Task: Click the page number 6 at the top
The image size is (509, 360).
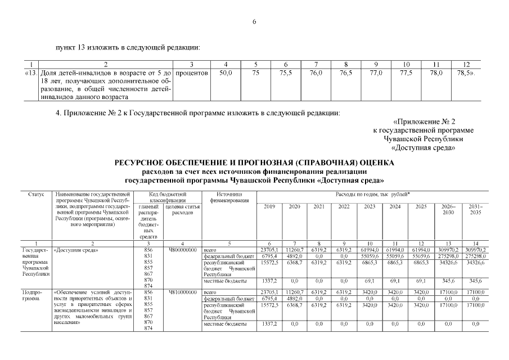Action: pyautogui.click(x=254, y=21)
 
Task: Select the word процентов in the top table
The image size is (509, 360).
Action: pyautogui.click(x=192, y=73)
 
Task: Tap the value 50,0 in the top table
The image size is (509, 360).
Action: pyautogui.click(x=226, y=73)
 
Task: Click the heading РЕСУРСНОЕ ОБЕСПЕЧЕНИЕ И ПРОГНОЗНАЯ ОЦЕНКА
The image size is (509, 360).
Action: pyautogui.click(x=254, y=163)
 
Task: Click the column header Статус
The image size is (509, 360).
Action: pyautogui.click(x=35, y=194)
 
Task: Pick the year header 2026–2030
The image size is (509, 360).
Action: pyautogui.click(x=448, y=209)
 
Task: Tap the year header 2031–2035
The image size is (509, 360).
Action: pyautogui.click(x=476, y=209)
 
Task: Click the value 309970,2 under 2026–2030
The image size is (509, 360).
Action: pyautogui.click(x=448, y=249)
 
